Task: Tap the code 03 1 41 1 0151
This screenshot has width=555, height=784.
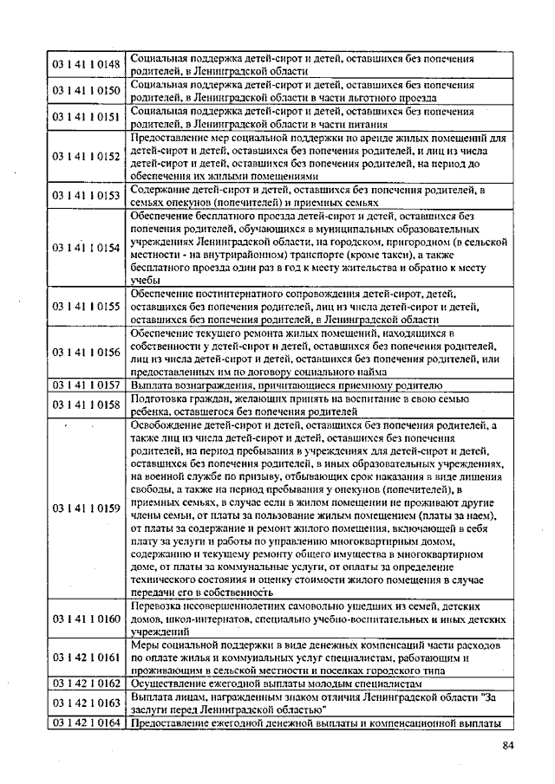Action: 86,116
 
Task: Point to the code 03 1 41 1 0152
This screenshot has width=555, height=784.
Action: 86,156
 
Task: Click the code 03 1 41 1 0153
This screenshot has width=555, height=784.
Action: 86,196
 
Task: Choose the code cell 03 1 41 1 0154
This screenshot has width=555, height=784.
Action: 86,247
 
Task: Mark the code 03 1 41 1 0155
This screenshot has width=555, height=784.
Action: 86,306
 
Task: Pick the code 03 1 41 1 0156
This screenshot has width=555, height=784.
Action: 86,352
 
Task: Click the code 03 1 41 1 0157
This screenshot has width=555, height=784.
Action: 86,385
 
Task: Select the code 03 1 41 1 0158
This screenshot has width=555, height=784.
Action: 86,404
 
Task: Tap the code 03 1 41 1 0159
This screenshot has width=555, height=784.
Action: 86,508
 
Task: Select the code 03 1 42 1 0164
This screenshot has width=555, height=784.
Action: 86,723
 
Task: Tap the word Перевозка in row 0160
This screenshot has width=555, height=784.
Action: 156,606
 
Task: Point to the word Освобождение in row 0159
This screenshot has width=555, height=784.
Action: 165,425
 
